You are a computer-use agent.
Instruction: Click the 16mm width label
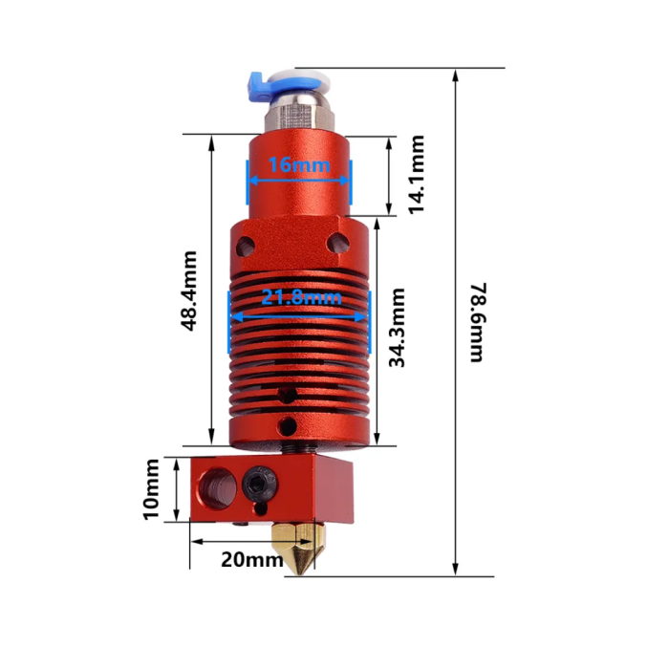[298, 164]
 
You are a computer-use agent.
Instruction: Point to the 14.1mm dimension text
[417, 174]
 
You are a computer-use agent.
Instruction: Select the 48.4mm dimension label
[189, 291]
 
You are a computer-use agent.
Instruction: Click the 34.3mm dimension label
[398, 328]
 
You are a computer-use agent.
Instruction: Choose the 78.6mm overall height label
[477, 321]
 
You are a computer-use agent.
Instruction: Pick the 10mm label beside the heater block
[151, 489]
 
